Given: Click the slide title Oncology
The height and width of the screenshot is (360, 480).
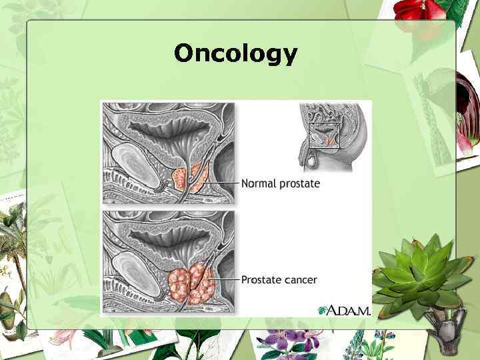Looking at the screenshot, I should [235, 53].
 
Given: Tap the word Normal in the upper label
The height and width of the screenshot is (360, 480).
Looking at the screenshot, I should [259, 183].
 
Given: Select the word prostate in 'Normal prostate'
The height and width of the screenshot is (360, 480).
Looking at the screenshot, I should [299, 184].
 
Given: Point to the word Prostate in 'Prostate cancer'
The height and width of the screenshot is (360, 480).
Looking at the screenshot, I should [261, 279].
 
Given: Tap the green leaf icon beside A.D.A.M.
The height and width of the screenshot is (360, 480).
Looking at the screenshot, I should [323, 310].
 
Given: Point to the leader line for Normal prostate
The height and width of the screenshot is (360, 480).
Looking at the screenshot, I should [223, 182].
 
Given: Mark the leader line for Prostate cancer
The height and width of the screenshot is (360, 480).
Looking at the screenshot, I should [225, 278].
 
